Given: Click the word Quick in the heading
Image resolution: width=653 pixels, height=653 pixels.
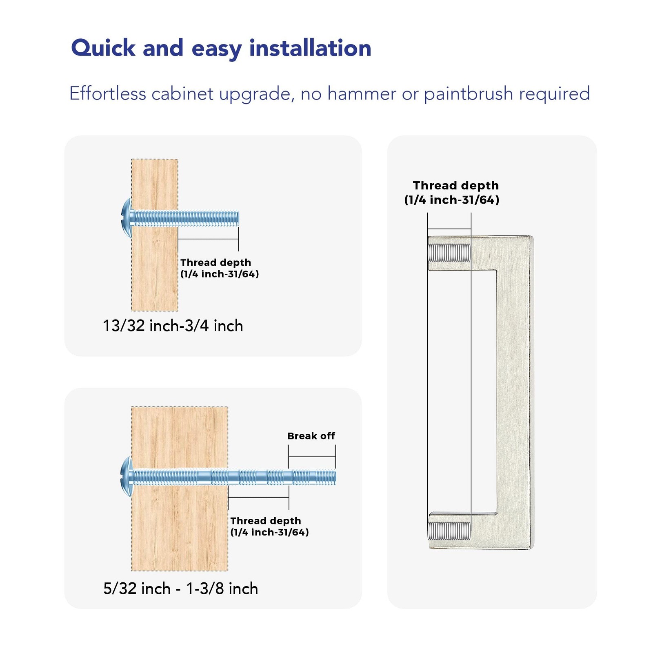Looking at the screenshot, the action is (x=103, y=48).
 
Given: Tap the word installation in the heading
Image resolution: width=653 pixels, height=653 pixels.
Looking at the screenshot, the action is (x=310, y=48).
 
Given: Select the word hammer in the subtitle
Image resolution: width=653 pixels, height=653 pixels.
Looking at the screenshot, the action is (x=362, y=93).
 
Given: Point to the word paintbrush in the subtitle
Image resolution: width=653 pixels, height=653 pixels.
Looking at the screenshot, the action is (x=469, y=94).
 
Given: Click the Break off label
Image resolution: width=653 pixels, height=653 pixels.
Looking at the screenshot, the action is (x=311, y=436).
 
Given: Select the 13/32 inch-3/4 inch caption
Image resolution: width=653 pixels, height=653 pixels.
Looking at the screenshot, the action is (x=173, y=326).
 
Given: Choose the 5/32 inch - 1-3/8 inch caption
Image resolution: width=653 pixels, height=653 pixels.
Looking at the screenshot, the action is (x=181, y=589).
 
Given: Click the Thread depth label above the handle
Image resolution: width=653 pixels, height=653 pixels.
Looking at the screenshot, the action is (x=452, y=192).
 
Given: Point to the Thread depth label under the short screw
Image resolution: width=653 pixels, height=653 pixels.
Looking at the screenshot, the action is (x=220, y=268).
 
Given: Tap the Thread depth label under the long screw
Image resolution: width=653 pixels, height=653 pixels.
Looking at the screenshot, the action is (x=269, y=526).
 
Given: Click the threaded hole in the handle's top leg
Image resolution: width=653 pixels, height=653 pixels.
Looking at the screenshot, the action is (x=449, y=253).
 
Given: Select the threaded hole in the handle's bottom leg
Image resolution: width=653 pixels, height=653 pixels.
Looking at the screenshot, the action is (x=449, y=531).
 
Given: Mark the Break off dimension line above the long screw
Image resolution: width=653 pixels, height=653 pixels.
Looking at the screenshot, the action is (x=312, y=457).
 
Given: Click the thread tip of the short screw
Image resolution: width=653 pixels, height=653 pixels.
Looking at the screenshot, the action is (x=237, y=218).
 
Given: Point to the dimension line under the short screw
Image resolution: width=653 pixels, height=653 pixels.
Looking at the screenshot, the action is (x=208, y=239).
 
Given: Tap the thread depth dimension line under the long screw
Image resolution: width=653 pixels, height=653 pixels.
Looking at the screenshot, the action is (x=258, y=498).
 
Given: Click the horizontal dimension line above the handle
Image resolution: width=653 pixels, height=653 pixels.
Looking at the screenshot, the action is (x=449, y=229).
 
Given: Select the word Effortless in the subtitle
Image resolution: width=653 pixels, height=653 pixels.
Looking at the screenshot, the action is (x=108, y=93).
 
